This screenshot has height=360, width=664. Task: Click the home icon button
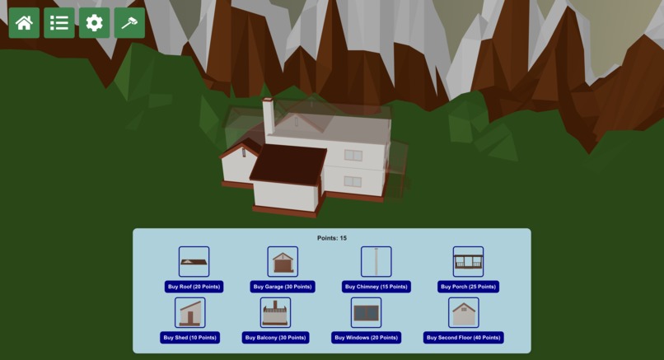coord(24,23)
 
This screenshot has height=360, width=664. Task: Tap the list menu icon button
coord(59,23)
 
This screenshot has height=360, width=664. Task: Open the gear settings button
coord(95,23)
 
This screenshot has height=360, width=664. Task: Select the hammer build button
coord(129,23)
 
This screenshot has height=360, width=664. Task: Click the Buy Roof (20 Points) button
coord(194,287)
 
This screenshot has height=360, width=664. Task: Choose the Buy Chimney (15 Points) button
coord(376,287)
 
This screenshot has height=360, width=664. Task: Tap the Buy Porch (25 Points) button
coord(468,287)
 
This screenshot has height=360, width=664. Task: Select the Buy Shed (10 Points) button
coord(189,338)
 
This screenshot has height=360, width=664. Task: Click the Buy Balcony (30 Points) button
coord(275,338)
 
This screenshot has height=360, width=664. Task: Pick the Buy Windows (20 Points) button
coord(366,338)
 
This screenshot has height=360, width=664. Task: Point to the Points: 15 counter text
coord(332,238)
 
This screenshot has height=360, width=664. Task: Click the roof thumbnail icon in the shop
coord(194,262)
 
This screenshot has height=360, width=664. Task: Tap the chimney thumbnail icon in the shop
coord(376,262)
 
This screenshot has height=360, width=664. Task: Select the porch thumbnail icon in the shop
coord(468,262)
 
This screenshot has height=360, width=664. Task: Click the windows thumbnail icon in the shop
coord(366,313)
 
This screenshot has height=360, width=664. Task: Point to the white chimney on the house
coord(268,119)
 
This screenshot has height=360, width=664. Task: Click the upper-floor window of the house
coord(353,155)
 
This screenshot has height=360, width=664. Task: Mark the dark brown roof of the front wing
coord(288,163)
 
